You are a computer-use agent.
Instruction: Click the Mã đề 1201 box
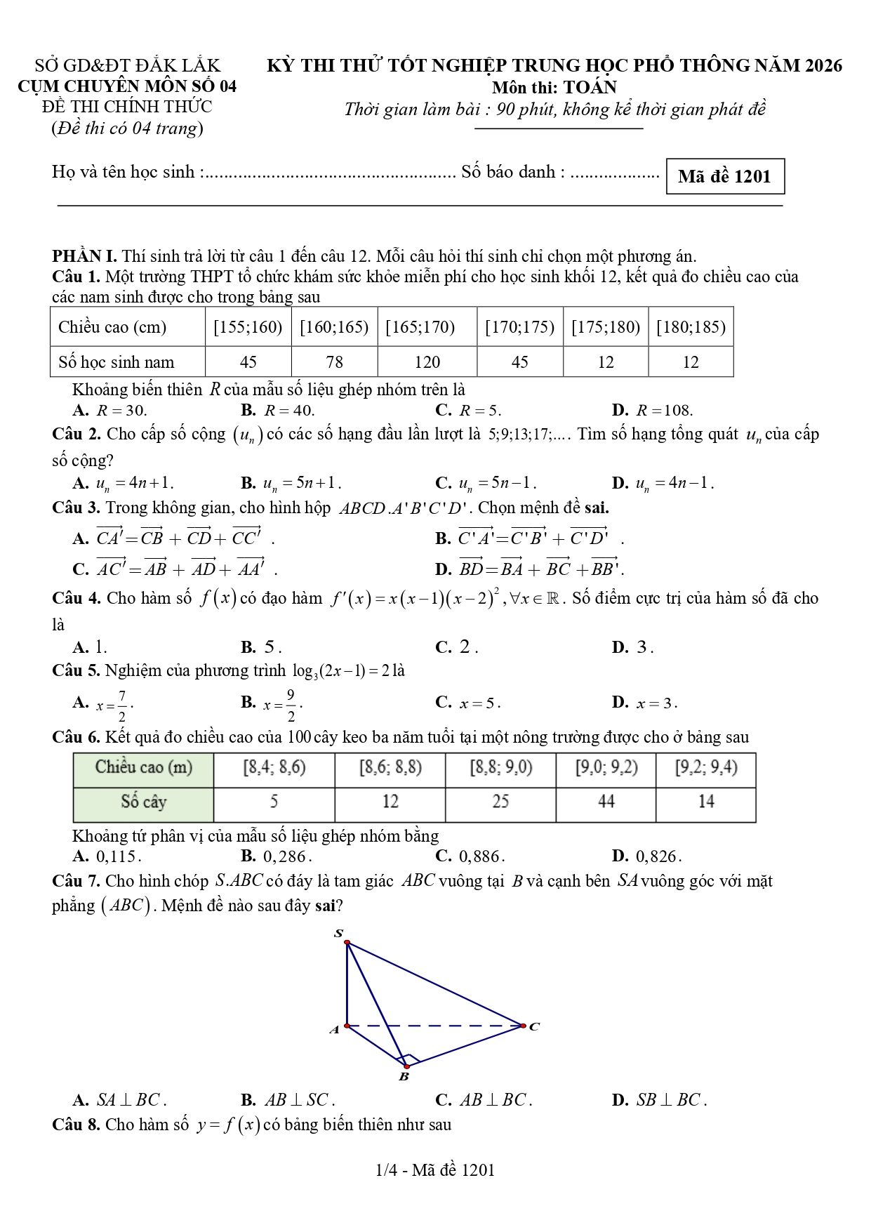pyautogui.click(x=724, y=176)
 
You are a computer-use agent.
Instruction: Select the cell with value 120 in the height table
pyautogui.click(x=427, y=362)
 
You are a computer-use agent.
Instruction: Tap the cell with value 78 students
pyautogui.click(x=334, y=362)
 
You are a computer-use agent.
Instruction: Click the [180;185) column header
pyautogui.click(x=691, y=327)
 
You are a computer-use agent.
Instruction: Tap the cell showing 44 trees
pyautogui.click(x=606, y=802)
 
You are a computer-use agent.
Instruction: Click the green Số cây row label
pyautogui.click(x=143, y=802)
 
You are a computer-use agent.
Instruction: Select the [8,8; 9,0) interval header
pyautogui.click(x=500, y=767)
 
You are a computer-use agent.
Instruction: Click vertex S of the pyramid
pyautogui.click(x=346, y=942)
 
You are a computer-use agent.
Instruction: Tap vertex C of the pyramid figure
pyautogui.click(x=524, y=1026)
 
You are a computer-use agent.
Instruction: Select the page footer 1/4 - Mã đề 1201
pyautogui.click(x=435, y=1170)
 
